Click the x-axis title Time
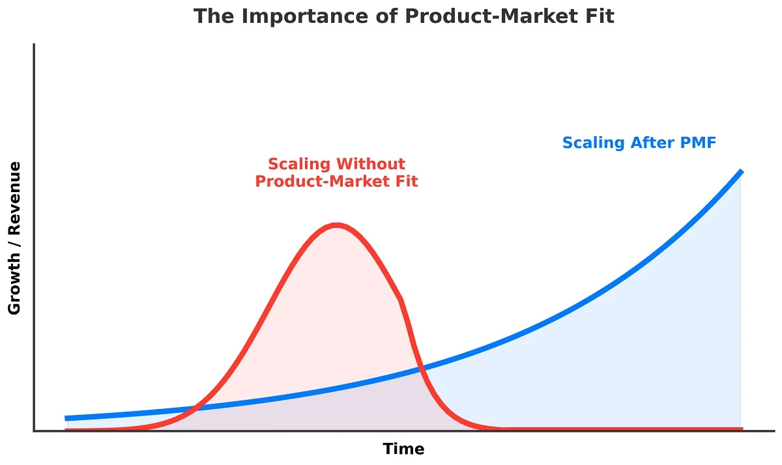[x=403, y=449]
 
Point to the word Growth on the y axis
[x=14, y=283]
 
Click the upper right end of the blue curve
[x=741, y=171]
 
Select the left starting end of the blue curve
[x=66, y=418]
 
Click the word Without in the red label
[x=373, y=163]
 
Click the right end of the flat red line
[x=741, y=429]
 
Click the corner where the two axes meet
[x=34, y=430]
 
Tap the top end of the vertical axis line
[x=34, y=44]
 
